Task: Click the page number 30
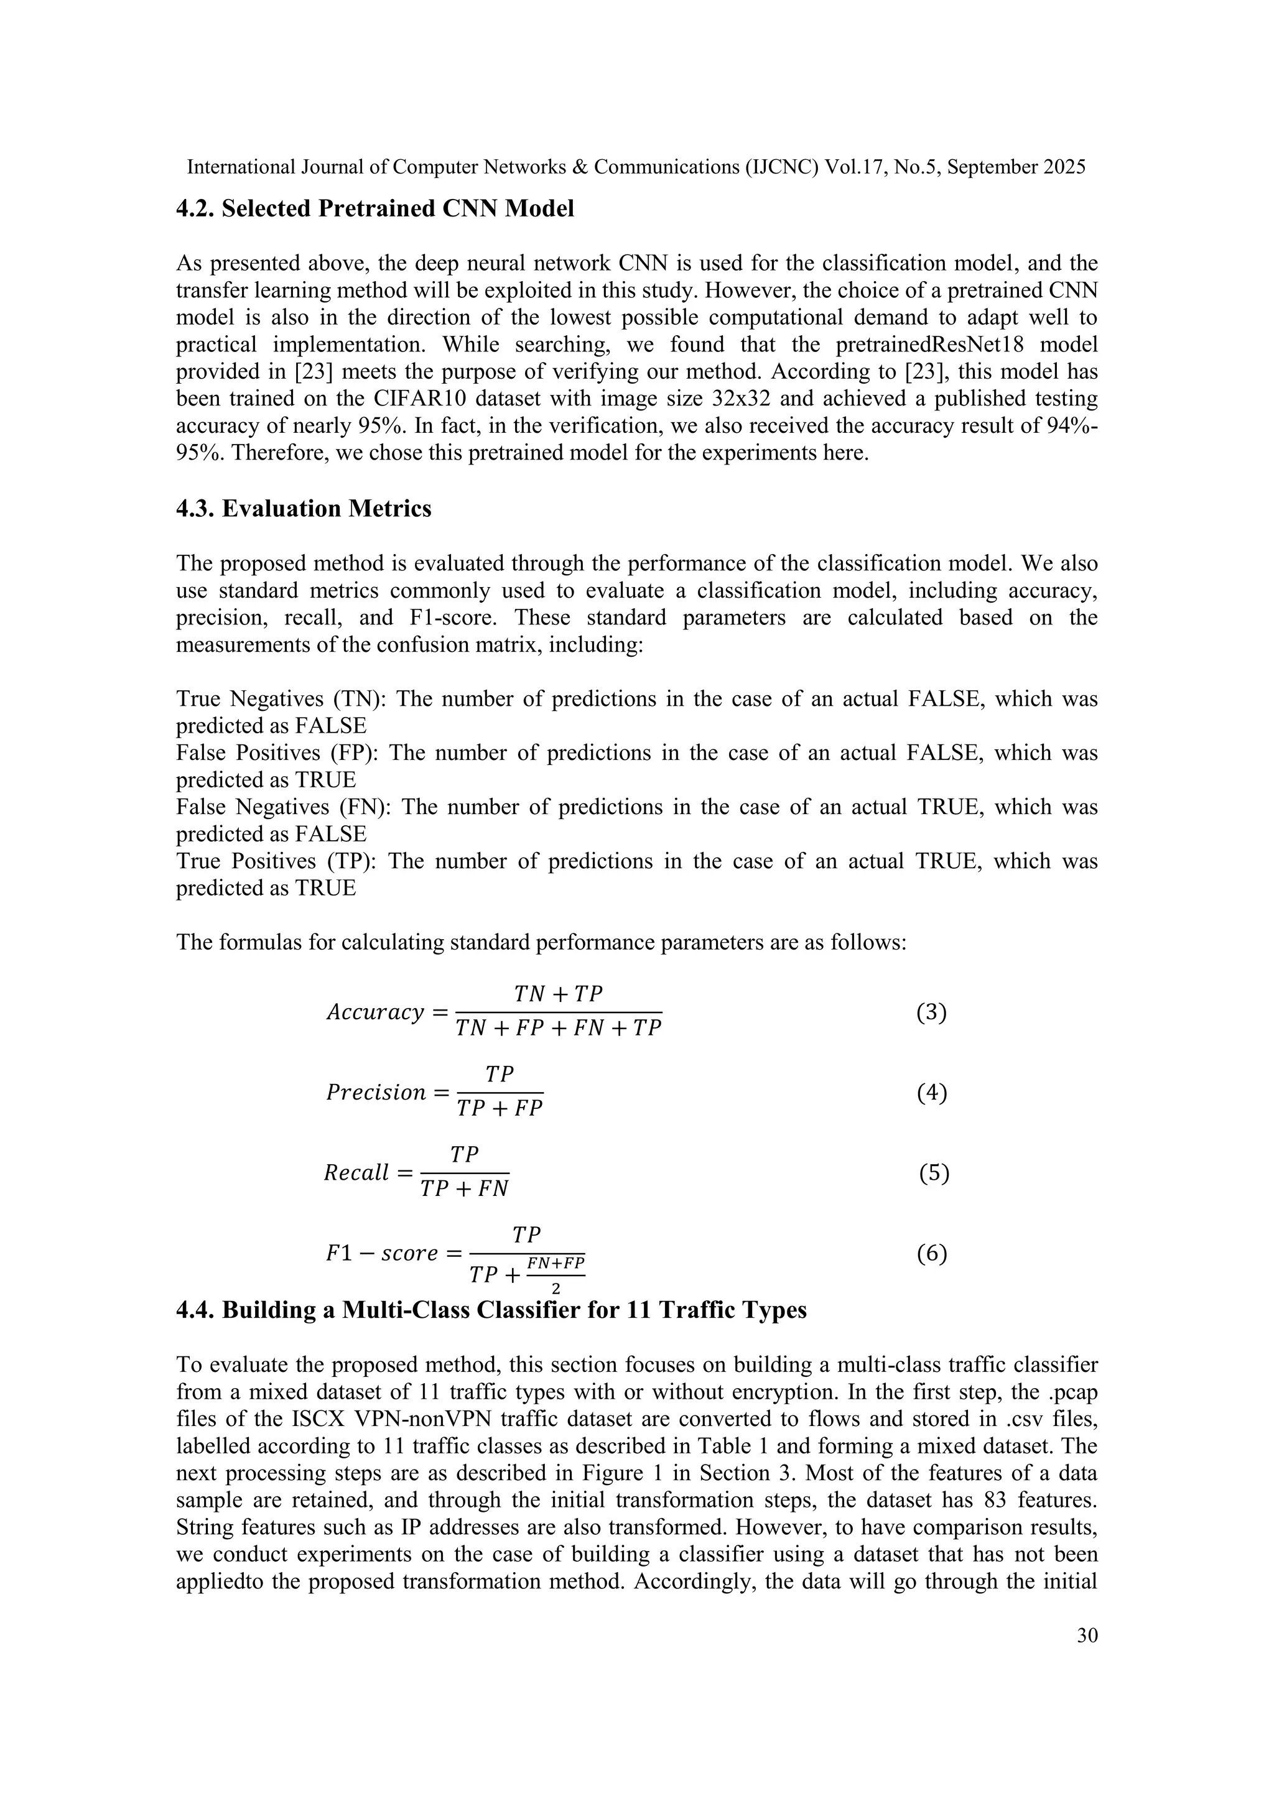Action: tap(1087, 1636)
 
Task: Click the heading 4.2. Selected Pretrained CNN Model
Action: tap(375, 209)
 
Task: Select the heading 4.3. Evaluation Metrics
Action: tap(304, 509)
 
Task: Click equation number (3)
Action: tap(931, 1012)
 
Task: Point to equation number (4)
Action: tap(931, 1093)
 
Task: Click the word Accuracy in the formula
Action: tap(375, 1012)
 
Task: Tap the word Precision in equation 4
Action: tap(376, 1093)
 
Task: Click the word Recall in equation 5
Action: tap(356, 1174)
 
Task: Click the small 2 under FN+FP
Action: tap(556, 1288)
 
